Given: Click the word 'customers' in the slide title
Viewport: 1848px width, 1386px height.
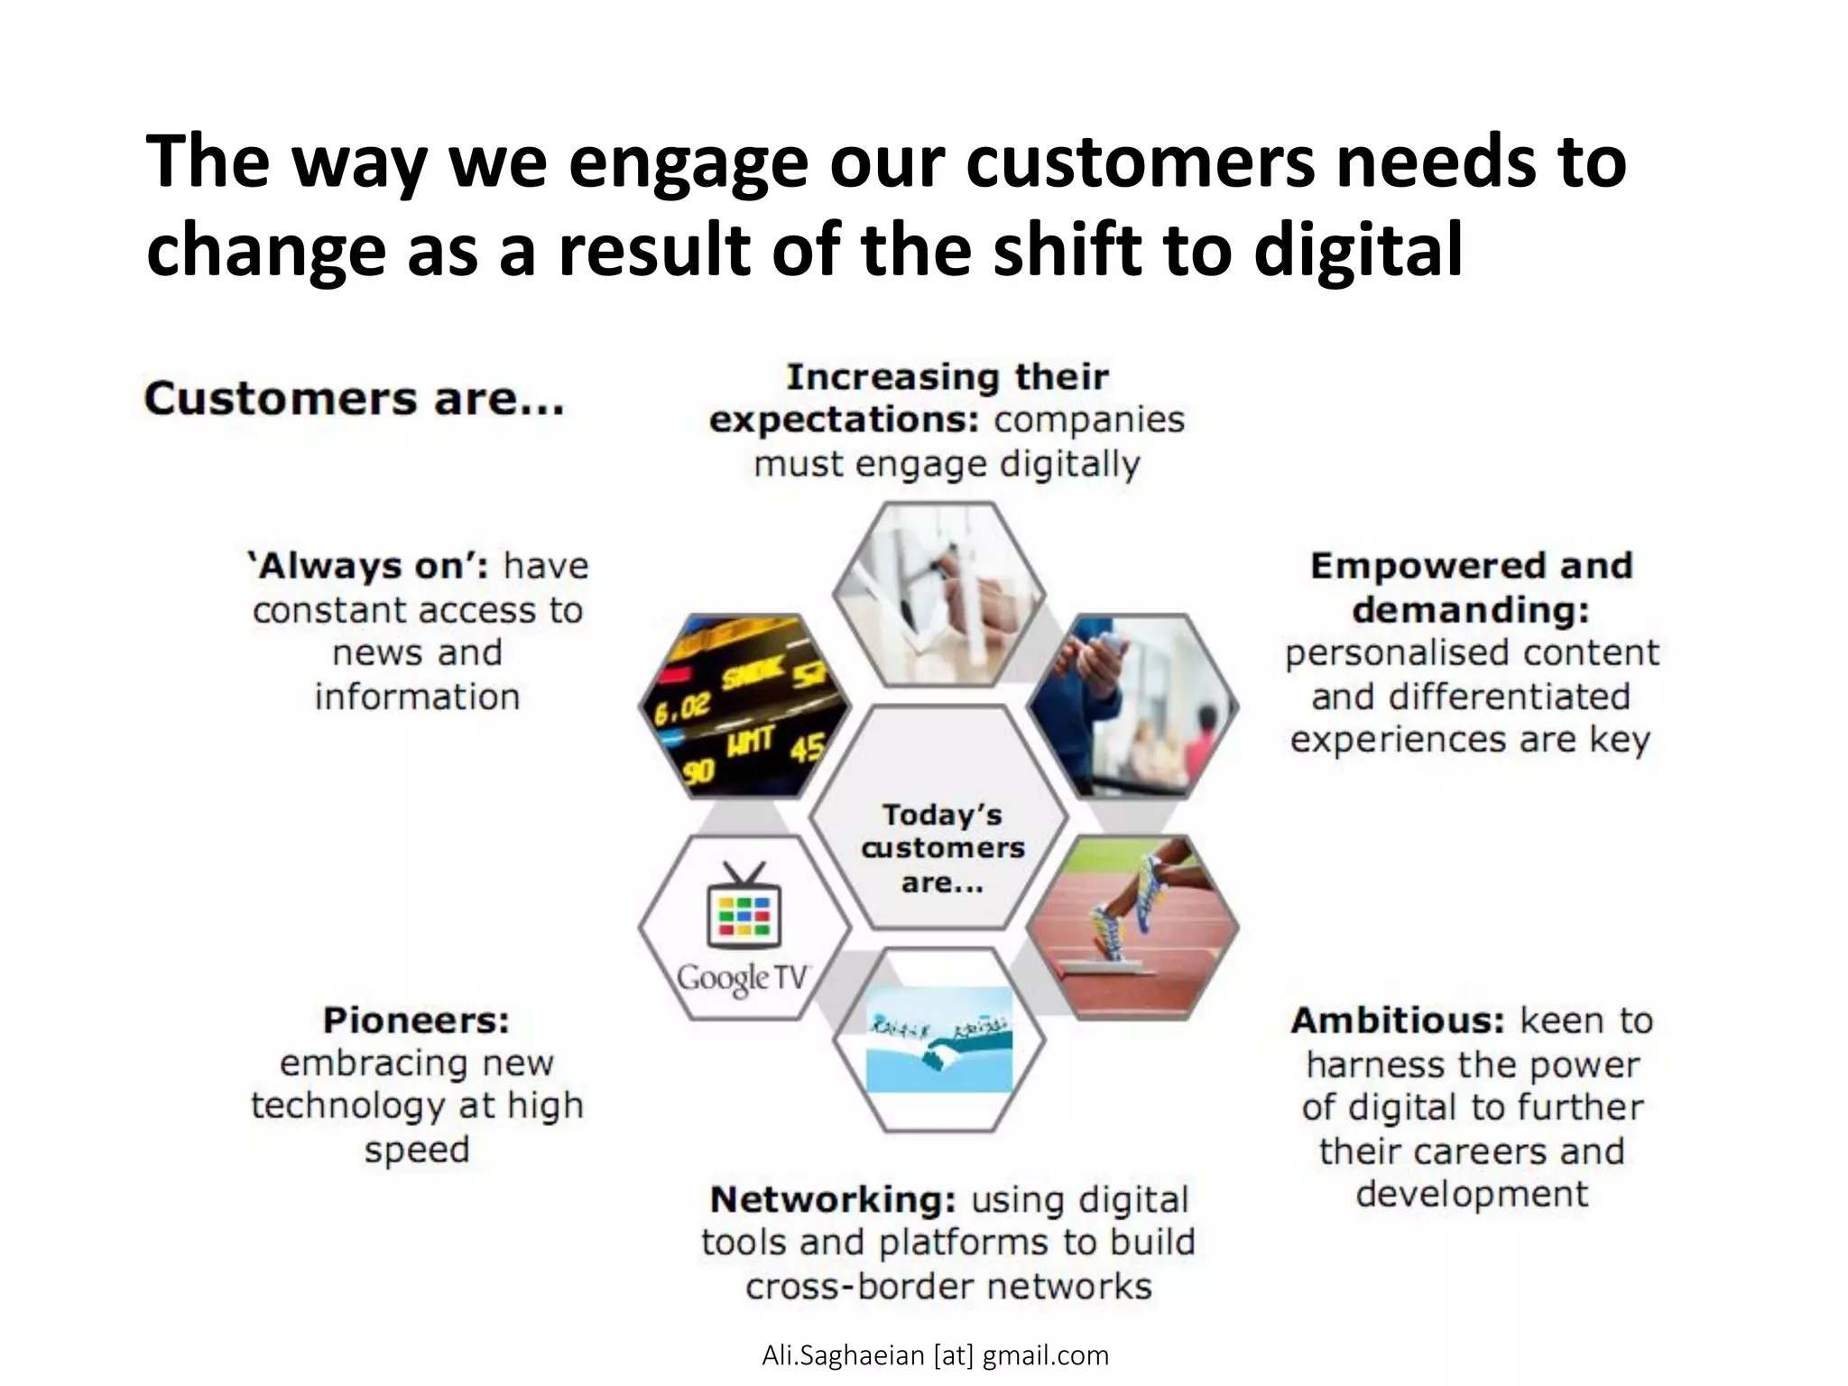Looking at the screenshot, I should (x=1141, y=162).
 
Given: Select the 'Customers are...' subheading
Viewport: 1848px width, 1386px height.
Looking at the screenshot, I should (x=354, y=399).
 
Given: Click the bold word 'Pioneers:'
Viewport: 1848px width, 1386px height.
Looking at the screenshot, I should (x=416, y=1021).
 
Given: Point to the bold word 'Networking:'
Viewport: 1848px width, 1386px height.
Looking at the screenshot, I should (x=833, y=1200).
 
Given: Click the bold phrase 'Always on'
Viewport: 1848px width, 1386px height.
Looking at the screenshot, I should (x=367, y=567).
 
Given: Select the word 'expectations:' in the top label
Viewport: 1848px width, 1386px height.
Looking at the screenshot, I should (x=845, y=420).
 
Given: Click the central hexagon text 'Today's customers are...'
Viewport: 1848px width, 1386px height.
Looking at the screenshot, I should (x=942, y=848).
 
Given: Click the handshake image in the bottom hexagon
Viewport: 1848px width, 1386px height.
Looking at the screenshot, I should (x=938, y=1040).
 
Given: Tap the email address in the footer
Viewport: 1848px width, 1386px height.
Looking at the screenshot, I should (x=935, y=1355).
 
